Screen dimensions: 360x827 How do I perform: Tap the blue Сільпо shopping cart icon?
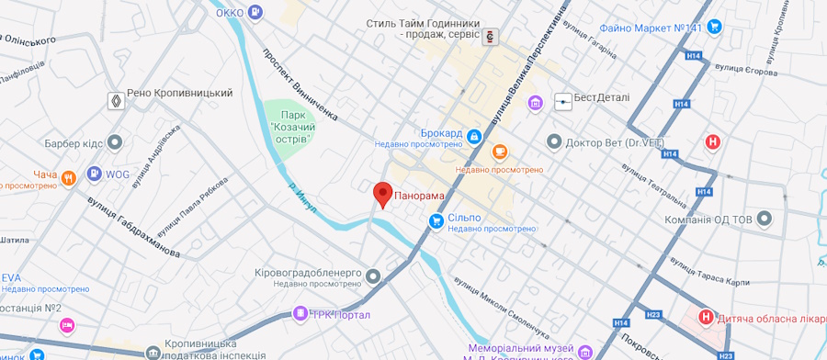[437, 220]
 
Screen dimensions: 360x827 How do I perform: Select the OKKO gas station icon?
[255, 12]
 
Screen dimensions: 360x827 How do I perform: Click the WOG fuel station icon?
[94, 174]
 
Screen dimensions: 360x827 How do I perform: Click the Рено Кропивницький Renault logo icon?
[116, 100]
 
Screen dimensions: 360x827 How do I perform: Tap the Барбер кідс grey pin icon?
[114, 142]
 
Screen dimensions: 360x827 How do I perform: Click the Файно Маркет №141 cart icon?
[714, 28]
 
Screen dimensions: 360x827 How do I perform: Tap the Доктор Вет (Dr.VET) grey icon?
[553, 142]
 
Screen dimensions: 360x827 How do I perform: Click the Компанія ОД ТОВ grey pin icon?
[765, 219]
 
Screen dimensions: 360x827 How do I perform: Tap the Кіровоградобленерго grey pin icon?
[373, 276]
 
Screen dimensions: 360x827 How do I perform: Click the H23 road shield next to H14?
[653, 314]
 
